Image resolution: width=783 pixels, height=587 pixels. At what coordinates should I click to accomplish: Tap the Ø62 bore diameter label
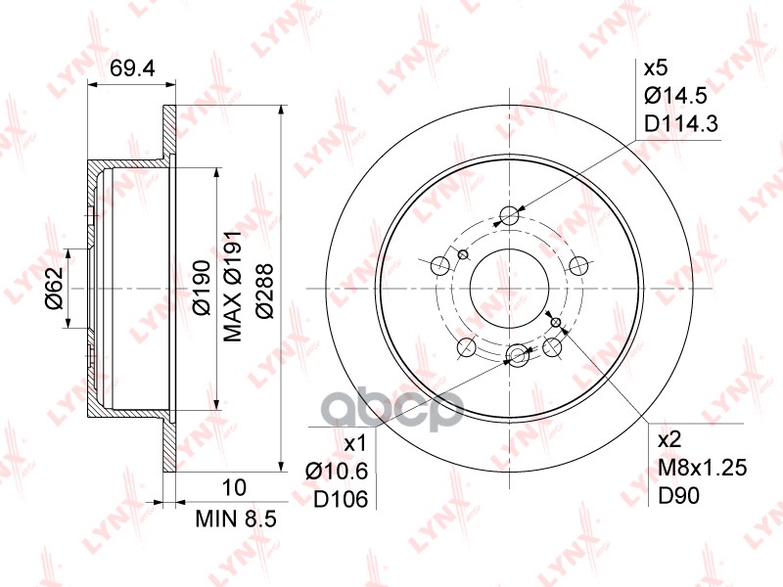[x=55, y=288]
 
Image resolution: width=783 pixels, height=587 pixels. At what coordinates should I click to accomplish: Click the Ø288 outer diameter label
[x=264, y=288]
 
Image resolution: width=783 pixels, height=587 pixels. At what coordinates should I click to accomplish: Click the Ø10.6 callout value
[x=336, y=472]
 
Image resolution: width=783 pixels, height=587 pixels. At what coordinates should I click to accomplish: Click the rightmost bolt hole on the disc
[x=579, y=263]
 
